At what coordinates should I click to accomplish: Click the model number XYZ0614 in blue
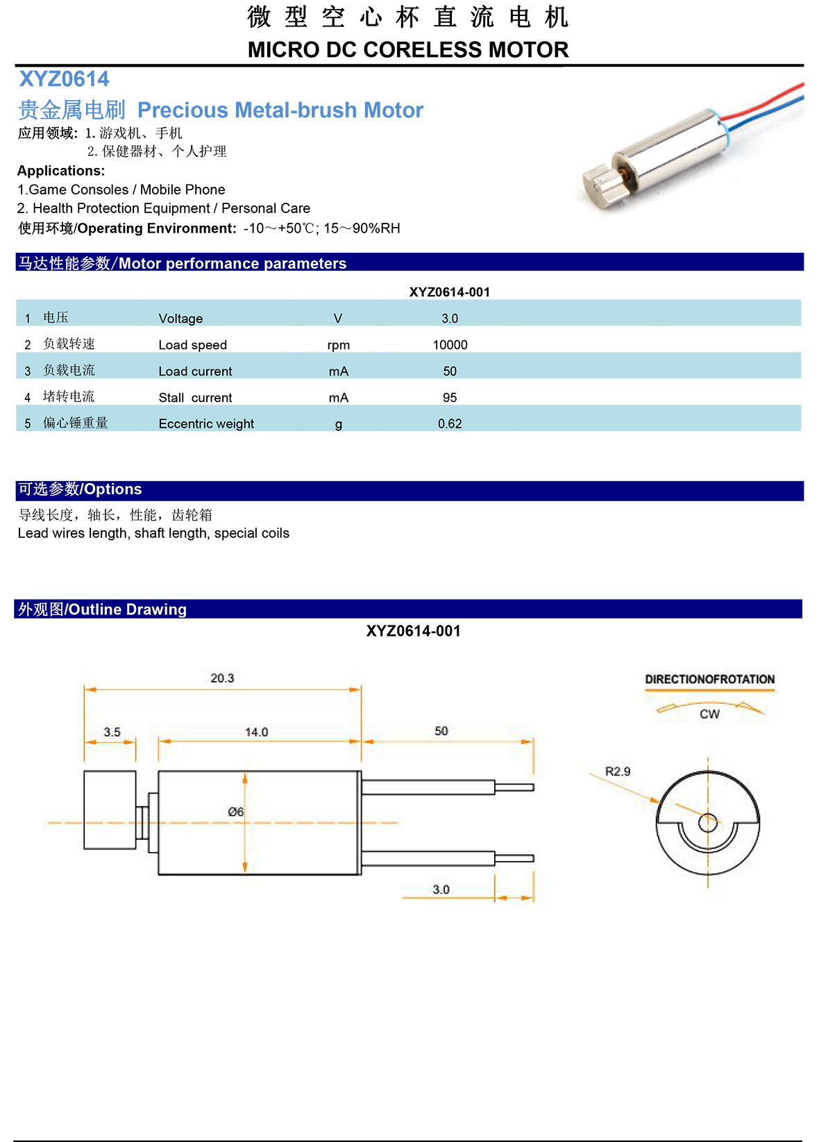[64, 79]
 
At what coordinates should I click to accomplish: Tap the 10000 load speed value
[450, 345]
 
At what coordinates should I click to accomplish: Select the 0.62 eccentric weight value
[450, 423]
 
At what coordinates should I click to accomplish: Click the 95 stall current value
[450, 398]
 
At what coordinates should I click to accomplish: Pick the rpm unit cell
[339, 345]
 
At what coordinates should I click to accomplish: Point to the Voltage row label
[180, 319]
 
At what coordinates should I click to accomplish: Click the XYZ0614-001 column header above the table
[449, 292]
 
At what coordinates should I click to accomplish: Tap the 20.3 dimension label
[222, 678]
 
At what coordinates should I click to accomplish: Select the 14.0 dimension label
[256, 732]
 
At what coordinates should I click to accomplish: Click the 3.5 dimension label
[112, 732]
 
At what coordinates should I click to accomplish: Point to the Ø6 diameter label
[236, 812]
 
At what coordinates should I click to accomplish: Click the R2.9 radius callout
[618, 771]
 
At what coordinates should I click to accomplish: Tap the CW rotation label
[709, 714]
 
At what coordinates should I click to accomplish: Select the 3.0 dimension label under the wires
[441, 889]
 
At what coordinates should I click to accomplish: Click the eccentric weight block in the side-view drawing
[110, 809]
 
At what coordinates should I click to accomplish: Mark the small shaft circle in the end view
[708, 823]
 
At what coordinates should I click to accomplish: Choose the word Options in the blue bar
[112, 489]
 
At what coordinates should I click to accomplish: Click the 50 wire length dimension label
[441, 731]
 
